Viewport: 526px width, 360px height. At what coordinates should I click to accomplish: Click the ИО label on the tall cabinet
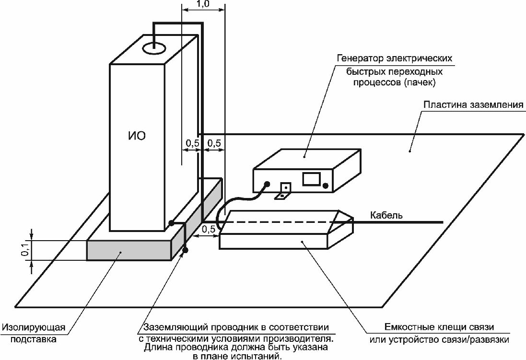tap(137, 136)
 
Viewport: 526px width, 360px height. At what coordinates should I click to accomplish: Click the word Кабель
tap(386, 215)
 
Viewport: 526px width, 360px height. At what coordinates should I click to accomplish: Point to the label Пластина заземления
tap(473, 105)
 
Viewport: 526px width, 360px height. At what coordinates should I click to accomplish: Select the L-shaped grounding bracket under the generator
tap(284, 191)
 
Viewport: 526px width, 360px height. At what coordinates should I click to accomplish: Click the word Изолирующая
tap(33, 328)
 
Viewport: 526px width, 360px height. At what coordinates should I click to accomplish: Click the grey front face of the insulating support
tap(129, 250)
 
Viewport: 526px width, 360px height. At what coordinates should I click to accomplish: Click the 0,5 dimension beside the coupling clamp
tap(209, 229)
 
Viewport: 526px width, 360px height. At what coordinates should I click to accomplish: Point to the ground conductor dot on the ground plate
tap(186, 249)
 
